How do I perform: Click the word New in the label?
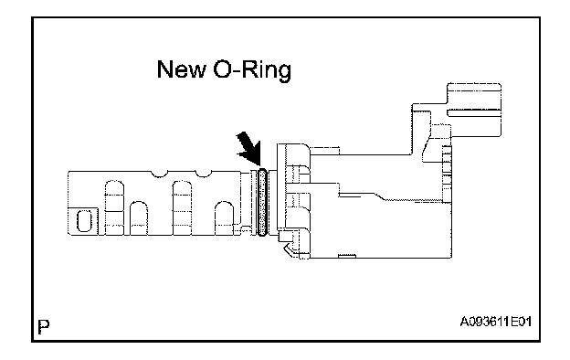click(181, 69)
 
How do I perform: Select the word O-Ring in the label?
click(252, 70)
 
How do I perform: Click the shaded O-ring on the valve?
click(262, 201)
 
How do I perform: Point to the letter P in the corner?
click(44, 326)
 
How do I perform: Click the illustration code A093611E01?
click(496, 322)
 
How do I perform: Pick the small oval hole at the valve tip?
click(84, 221)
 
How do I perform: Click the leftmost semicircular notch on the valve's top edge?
click(159, 174)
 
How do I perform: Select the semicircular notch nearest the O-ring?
click(204, 174)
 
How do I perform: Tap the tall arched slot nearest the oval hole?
click(114, 207)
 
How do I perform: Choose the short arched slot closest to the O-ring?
click(225, 218)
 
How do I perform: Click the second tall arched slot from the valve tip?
click(182, 207)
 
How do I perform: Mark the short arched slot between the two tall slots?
click(139, 218)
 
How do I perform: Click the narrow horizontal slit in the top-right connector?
click(474, 112)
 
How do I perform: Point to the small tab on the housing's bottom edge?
click(347, 257)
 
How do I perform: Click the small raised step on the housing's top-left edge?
click(325, 151)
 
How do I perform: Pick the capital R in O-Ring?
click(248, 69)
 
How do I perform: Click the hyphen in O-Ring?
click(235, 72)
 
